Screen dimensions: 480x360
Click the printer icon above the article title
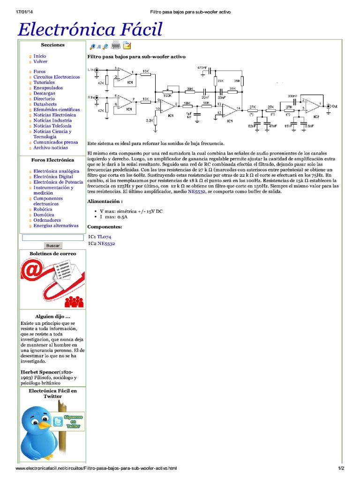tap(116, 45)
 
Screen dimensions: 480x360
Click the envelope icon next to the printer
tap(127, 45)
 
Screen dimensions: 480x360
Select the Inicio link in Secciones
tap(40, 56)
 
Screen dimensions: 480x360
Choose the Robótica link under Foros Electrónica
tap(44, 209)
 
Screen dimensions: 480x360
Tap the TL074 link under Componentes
tap(104, 237)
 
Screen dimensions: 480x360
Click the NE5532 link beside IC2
tap(106, 243)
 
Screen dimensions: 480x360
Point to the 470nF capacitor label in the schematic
tap(202, 67)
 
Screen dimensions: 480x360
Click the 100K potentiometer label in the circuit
tap(167, 96)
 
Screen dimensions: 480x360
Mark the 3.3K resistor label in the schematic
tap(150, 120)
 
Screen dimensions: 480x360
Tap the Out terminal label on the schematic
tap(334, 107)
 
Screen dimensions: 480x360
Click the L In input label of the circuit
tap(90, 69)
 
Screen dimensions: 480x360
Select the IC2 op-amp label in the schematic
tap(316, 116)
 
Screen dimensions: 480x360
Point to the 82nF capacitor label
tap(252, 126)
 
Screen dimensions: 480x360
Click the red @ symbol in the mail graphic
tap(34, 271)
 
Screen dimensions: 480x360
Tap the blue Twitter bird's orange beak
tap(45, 424)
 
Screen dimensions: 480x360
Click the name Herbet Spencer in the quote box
tap(40, 372)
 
